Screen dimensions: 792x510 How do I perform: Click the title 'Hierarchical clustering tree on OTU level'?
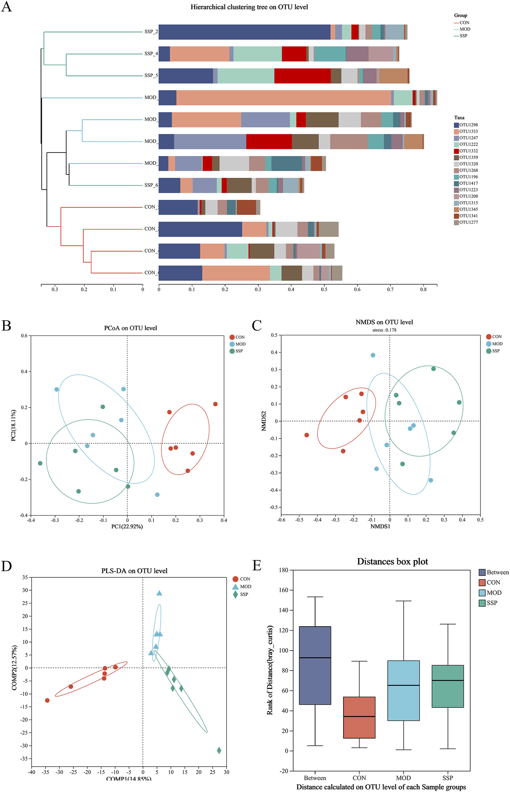[249, 7]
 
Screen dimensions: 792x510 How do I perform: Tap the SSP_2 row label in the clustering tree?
[151, 32]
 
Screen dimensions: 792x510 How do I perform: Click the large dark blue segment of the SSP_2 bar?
[244, 32]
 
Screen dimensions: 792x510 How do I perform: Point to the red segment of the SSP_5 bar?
[302, 75]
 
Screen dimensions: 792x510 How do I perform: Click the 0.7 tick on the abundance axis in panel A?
[390, 289]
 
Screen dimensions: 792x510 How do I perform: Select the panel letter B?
[6, 325]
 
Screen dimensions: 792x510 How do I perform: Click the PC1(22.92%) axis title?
[127, 526]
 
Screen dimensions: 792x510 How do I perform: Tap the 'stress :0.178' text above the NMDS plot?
[384, 330]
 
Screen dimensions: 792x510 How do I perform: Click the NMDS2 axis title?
[264, 421]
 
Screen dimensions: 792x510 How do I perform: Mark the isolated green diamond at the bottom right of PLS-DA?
[219, 750]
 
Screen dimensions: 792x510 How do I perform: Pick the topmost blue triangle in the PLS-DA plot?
[159, 593]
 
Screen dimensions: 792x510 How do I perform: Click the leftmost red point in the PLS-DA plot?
[47, 700]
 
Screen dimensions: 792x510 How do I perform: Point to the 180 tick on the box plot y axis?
[284, 570]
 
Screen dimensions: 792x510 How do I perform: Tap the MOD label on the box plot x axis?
[403, 778]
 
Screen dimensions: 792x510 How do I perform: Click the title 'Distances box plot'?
[392, 561]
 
